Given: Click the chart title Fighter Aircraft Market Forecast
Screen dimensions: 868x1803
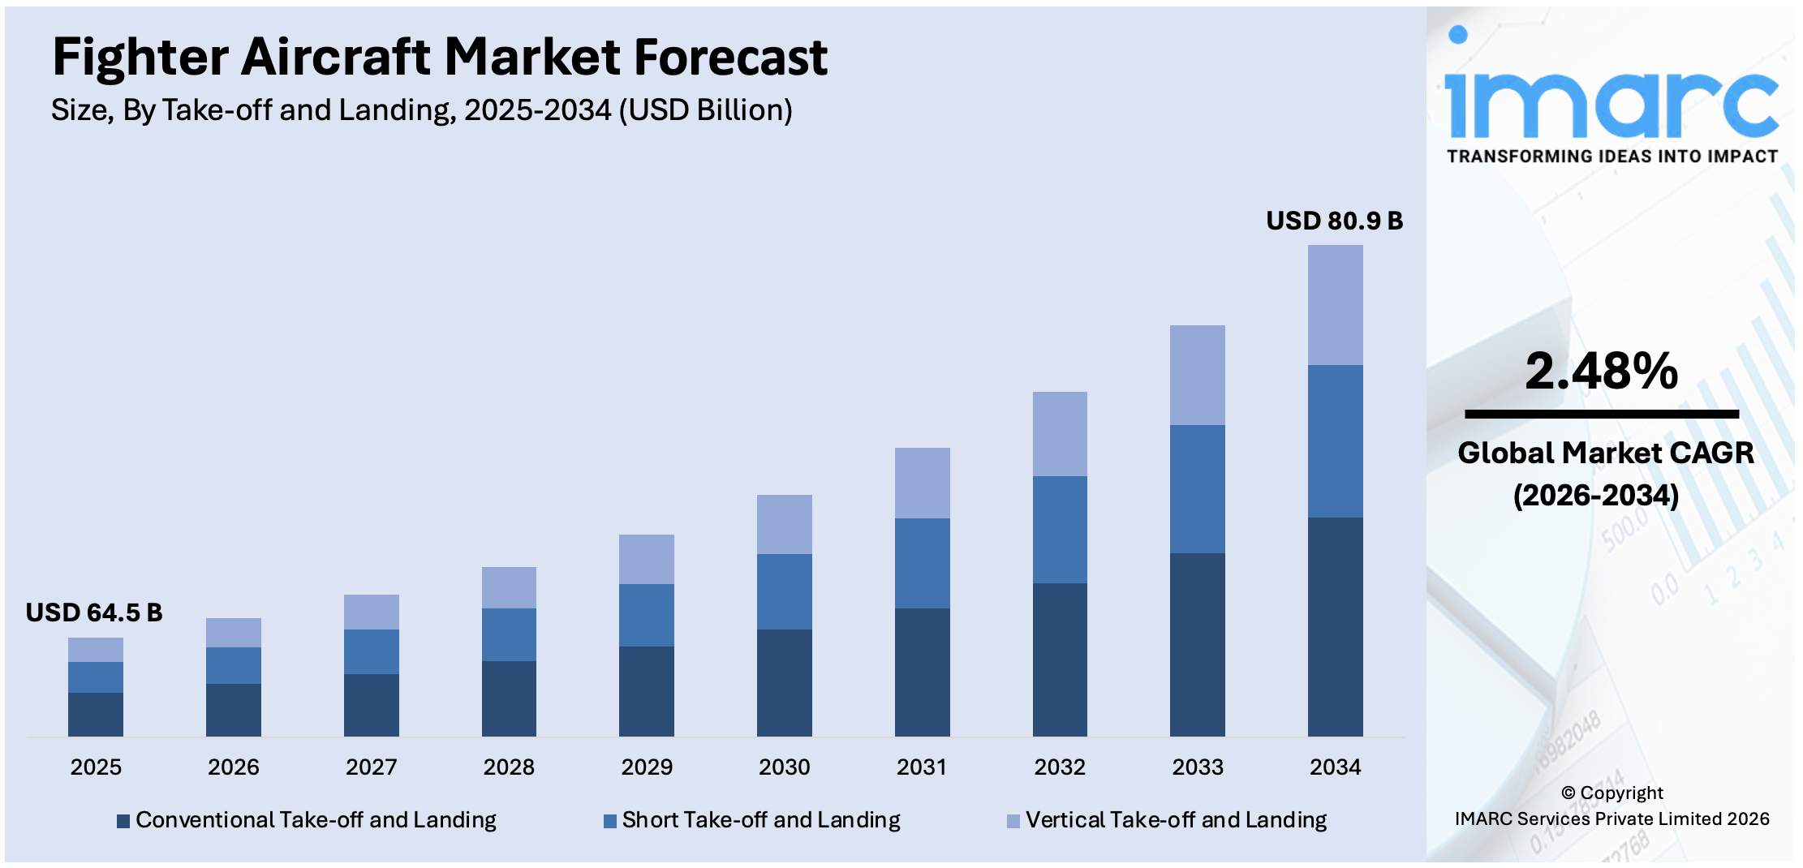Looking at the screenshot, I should click(439, 58).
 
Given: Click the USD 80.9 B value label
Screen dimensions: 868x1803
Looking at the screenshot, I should click(1334, 221).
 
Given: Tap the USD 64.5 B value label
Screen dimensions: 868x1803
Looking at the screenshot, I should click(94, 612).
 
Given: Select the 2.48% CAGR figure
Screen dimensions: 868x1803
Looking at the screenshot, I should click(1601, 372).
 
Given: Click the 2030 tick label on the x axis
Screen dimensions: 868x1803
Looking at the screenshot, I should click(784, 767).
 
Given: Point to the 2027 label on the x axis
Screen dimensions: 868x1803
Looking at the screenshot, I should click(371, 767).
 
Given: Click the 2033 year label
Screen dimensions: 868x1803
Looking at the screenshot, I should click(1197, 767).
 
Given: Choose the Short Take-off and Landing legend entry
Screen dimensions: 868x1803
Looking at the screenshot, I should click(752, 820).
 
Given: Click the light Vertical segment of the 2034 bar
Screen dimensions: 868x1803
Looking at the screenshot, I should click(1335, 305).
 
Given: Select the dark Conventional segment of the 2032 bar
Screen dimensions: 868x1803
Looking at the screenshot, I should click(1060, 659).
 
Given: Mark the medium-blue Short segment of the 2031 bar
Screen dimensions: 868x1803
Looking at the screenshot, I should click(922, 563).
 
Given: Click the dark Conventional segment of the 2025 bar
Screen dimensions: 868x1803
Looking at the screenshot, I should click(96, 714).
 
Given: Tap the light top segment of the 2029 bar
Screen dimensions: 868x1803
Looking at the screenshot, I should click(646, 559).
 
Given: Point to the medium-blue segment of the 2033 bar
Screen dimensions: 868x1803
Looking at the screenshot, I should click(1197, 488).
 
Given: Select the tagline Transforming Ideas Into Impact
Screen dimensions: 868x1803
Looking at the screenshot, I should click(1612, 157).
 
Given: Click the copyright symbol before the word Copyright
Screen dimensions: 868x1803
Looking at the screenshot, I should click(1568, 793).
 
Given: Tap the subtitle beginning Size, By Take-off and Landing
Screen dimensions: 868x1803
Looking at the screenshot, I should click(421, 110).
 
